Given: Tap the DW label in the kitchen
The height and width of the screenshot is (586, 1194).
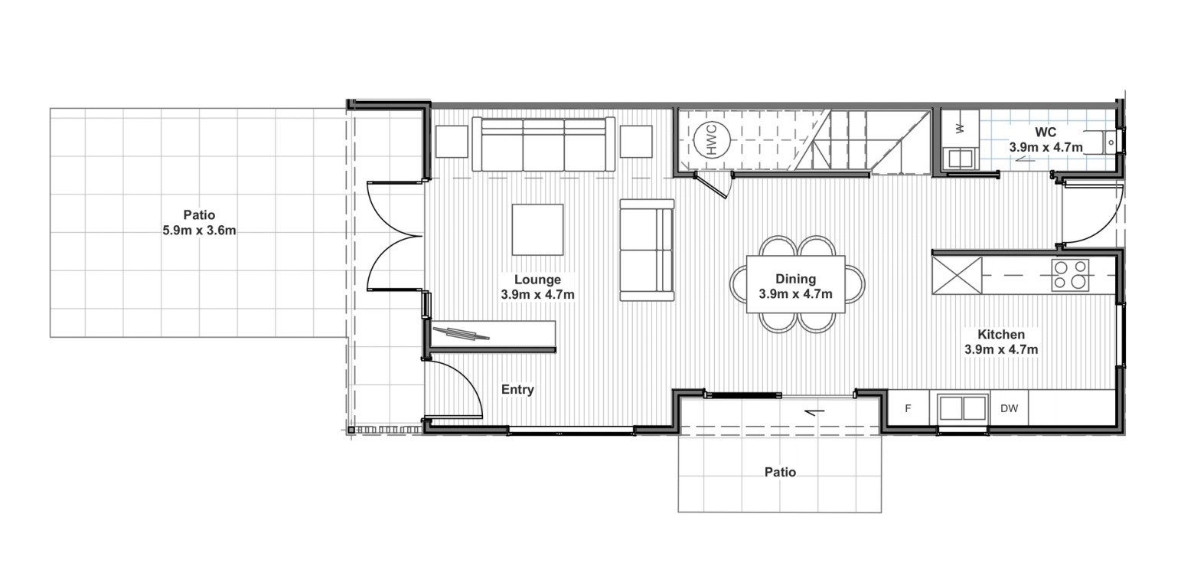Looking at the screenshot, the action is [x=1009, y=408].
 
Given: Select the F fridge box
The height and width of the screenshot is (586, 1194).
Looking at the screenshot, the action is [x=909, y=408].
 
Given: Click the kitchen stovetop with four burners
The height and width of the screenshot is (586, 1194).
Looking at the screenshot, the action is [x=1070, y=275].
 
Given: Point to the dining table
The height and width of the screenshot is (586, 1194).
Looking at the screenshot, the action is [x=796, y=284].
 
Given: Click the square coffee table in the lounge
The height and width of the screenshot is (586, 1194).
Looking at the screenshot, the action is [x=538, y=230].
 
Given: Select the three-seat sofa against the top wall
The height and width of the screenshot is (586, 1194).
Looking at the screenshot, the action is [x=543, y=144].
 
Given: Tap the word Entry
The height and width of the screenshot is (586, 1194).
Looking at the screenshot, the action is [x=517, y=390].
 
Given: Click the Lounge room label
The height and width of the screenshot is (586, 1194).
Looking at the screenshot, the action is [x=537, y=280].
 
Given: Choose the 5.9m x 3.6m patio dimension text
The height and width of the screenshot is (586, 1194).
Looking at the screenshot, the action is [x=199, y=231].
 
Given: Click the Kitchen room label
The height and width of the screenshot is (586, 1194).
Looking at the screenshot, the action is [x=1001, y=335].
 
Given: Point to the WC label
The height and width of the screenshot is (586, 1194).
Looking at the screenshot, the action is [x=1046, y=133].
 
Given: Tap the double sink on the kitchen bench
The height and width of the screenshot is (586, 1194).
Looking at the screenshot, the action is [x=963, y=409].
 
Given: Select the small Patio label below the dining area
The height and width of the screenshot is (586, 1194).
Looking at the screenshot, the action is [x=781, y=473].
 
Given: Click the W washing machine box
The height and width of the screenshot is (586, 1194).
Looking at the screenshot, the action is [x=960, y=128].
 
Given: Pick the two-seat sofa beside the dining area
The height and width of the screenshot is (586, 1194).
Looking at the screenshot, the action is [x=647, y=250].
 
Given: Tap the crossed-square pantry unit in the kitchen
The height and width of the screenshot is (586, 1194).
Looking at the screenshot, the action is [x=957, y=276].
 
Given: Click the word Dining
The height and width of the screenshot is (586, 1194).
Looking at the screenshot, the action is [x=796, y=279].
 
